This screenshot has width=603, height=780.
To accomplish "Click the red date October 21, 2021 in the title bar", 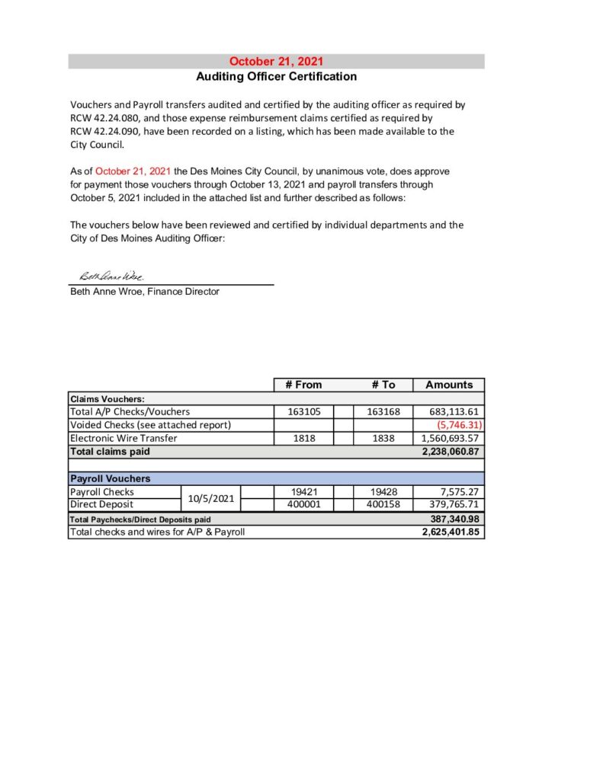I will tap(276, 62).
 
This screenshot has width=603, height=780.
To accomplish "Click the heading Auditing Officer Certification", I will tap(276, 76).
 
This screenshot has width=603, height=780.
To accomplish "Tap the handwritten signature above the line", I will tap(111, 276).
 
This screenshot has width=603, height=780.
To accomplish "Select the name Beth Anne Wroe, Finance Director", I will tap(145, 291).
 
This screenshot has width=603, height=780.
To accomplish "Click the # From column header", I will tap(303, 385).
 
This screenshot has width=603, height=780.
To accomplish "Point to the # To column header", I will tap(383, 385).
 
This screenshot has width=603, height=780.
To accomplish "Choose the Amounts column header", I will tap(449, 385).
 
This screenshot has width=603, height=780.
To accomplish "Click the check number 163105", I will tap(303, 411).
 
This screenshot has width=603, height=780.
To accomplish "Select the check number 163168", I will tap(383, 411).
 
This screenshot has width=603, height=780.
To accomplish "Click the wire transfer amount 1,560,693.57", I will tap(450, 438).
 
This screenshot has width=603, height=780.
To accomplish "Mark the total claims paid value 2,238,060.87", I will tap(450, 451).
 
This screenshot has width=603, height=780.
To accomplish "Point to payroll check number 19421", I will tap(303, 492).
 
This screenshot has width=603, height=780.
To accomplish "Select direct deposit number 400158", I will tap(383, 504).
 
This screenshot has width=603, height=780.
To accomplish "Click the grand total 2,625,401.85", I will tap(450, 532).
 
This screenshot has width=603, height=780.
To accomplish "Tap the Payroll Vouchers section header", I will tap(111, 478).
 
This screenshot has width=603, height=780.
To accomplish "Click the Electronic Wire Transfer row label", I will tap(123, 438).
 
